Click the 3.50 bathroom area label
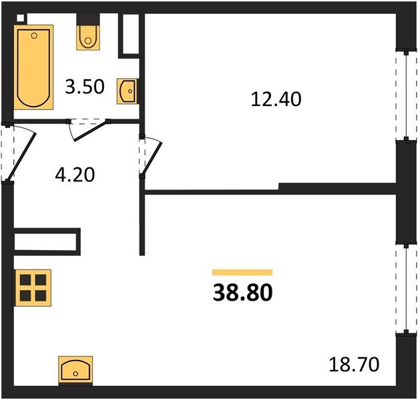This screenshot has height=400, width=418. coord(85,87)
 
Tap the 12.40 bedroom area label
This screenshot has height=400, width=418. coord(276,99)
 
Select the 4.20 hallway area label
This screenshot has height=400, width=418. coord(75,175)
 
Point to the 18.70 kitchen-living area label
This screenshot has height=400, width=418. coord(354,365)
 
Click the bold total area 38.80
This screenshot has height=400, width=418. coord(242,292)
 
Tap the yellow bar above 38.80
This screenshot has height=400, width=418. coord(242,273)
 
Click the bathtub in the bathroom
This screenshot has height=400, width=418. coord(33,67)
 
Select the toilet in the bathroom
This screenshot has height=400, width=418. coord(88,37)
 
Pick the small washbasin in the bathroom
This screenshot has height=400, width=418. coord(128,91)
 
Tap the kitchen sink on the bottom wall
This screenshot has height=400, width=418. coord(75,369)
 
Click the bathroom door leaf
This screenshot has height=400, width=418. coord(91,131)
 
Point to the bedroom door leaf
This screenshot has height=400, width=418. coord(152,158)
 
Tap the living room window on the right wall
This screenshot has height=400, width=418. coord(406,289)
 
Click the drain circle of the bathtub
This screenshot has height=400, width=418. coord(34,35)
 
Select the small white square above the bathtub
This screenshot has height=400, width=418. coord(20,18)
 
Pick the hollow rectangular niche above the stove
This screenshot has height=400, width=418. coord(47,241)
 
